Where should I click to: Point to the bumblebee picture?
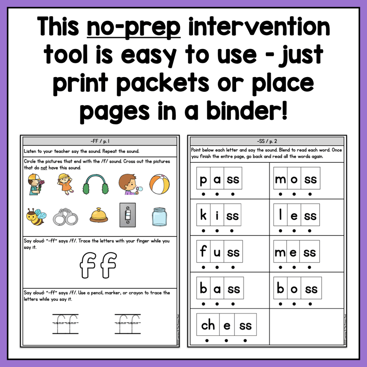(36, 217)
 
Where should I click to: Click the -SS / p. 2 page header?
(267, 141)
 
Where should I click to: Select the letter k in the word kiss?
(203, 216)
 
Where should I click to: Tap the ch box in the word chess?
(208, 325)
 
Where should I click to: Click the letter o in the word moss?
(294, 179)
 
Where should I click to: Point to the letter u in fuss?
(217, 252)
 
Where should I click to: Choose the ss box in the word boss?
(311, 289)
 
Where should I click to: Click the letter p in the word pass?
(203, 180)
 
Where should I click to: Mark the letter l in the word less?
(281, 215)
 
